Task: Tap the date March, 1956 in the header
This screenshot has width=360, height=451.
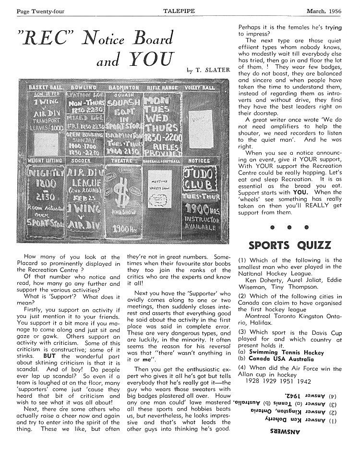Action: point(327,11)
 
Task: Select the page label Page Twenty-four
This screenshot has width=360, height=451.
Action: point(37,11)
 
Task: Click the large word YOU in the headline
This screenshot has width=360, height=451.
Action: point(149,59)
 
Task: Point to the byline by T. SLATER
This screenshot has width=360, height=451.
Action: point(208,71)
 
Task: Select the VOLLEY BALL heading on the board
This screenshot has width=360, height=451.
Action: point(204,88)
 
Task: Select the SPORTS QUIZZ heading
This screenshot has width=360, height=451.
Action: point(289,245)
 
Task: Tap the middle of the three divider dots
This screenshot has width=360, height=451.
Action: point(290,226)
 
